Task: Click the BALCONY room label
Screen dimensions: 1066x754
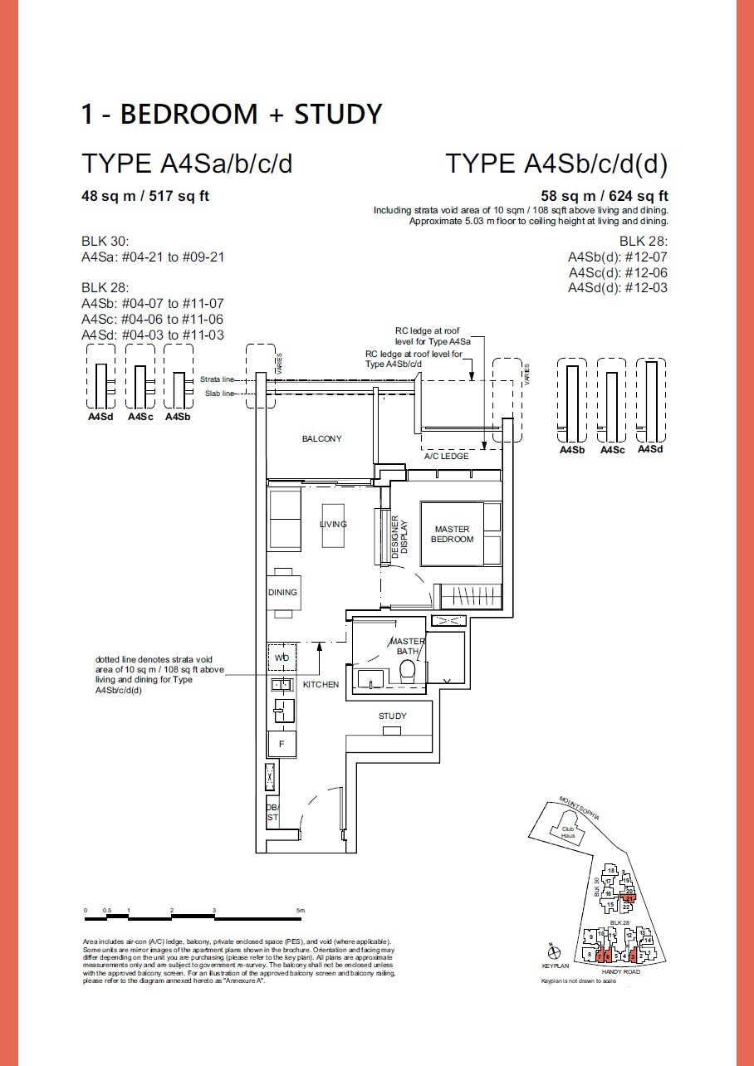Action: point(321,439)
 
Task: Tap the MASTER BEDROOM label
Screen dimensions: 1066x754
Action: point(452,534)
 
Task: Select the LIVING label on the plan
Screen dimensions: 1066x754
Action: point(333,525)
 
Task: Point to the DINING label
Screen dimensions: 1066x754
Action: point(282,593)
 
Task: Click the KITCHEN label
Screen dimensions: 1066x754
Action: point(321,685)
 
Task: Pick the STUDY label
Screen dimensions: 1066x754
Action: point(392,716)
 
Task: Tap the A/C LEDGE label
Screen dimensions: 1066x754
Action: point(446,457)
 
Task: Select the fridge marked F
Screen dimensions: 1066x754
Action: point(282,744)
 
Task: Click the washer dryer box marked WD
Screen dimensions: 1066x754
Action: point(281,658)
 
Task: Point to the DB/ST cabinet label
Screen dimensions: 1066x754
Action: point(272,812)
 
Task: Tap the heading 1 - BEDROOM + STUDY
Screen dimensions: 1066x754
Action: point(231,114)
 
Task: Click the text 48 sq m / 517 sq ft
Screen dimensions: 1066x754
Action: point(144,197)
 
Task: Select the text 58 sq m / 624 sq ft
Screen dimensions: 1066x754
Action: point(605,197)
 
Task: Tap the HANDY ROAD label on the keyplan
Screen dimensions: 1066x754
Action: point(621,972)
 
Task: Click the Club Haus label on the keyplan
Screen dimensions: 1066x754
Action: point(568,832)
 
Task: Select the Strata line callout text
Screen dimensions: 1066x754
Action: point(217,379)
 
